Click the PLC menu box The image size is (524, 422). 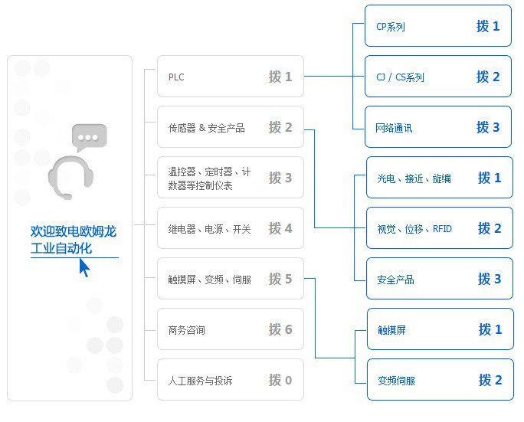click(230, 77)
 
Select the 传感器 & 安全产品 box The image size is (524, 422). click(230, 127)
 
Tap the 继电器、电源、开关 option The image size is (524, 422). click(230, 228)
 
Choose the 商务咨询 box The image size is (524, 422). click(230, 329)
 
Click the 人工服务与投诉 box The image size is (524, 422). click(230, 380)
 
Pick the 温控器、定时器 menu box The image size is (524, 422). click(230, 178)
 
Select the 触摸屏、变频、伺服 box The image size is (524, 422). click(230, 279)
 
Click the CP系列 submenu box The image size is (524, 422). click(437, 26)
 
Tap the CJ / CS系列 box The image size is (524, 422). click(437, 77)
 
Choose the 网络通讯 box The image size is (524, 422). click(437, 127)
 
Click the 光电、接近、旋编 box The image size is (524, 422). click(439, 178)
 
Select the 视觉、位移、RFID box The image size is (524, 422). click(439, 228)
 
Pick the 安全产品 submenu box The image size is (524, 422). click(439, 279)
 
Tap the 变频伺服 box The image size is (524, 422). click(440, 380)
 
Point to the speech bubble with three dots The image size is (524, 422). click(90, 139)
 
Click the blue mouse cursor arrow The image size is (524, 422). click(84, 267)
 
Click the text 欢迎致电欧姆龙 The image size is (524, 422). click(74, 231)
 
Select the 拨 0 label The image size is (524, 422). click(280, 380)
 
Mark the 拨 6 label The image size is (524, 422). click(280, 329)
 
